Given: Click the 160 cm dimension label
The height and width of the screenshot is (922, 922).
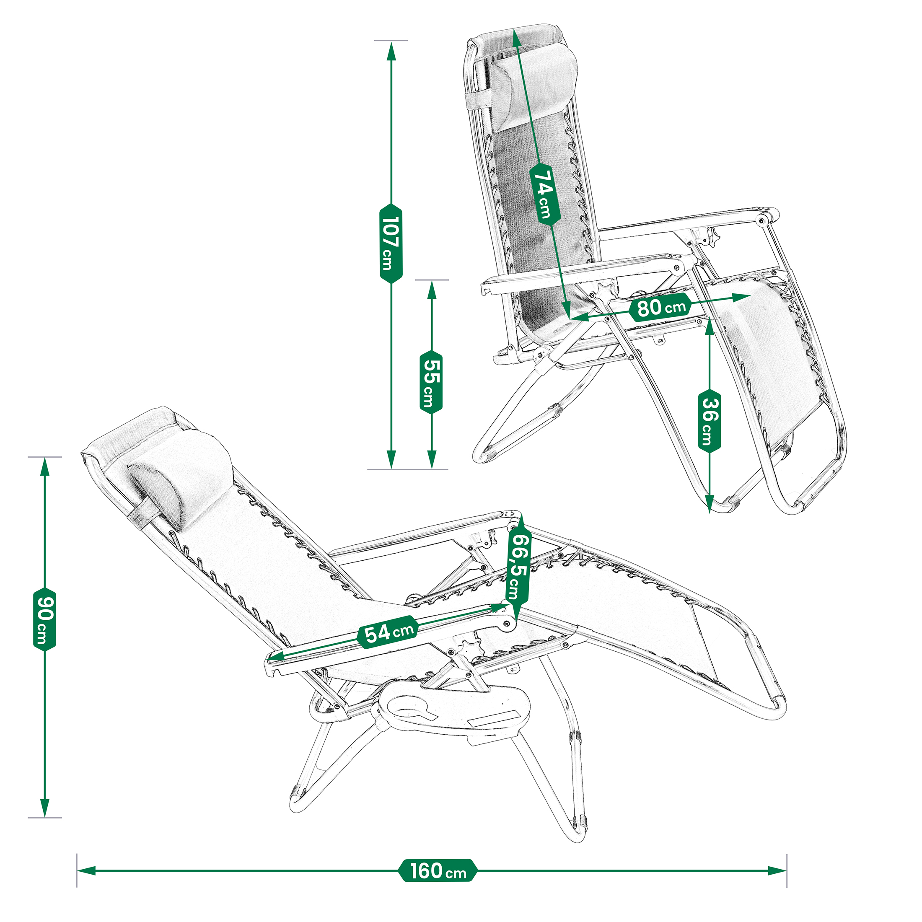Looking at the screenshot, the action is click(x=438, y=870).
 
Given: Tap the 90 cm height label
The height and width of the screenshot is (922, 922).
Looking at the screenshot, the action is click(x=45, y=619).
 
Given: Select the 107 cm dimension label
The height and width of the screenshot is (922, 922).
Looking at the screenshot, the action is click(x=391, y=243).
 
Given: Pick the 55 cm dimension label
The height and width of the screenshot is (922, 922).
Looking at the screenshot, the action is click(x=431, y=382).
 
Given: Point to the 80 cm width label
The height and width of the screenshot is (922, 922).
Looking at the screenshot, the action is click(x=661, y=308).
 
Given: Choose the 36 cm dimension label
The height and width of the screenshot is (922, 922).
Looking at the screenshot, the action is click(x=710, y=421).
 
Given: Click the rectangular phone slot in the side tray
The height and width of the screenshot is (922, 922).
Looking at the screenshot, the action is click(x=494, y=720).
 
